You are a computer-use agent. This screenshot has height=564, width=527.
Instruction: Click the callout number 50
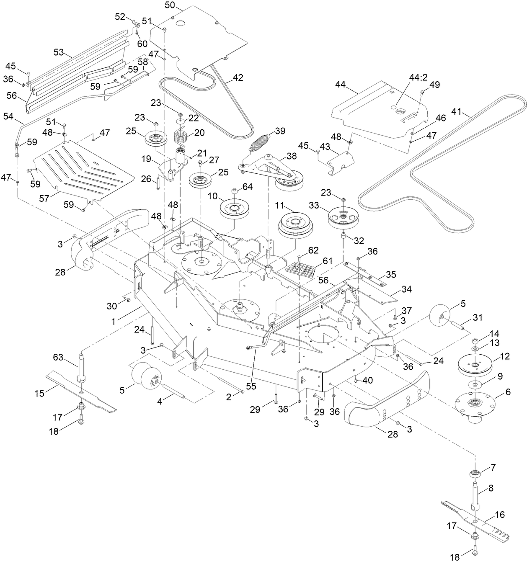(x=170, y=5)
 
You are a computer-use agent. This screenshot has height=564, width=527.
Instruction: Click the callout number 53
(x=59, y=52)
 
